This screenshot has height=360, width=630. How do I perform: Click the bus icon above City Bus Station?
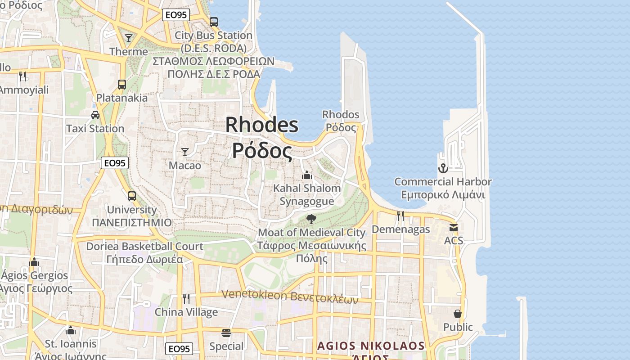coord(214,22)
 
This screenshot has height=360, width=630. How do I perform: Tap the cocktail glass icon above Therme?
coord(129,38)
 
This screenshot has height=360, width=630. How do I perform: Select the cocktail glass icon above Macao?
coord(184,152)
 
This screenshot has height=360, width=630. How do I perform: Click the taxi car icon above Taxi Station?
coord(95,115)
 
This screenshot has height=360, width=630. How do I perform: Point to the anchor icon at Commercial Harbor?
coord(443,168)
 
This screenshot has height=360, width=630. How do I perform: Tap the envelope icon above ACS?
coord(453,228)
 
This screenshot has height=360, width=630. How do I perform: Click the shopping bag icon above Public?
coord(458,314)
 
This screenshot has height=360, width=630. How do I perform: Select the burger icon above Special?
coord(226,333)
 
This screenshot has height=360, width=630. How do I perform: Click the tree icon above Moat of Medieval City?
coord(311,219)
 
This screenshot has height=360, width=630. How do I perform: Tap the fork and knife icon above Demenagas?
coord(400,216)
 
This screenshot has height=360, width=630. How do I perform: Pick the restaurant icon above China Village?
coord(186,298)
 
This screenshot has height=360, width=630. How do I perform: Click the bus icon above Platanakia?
coord(121,84)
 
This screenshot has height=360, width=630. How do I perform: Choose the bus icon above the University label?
coord(131,196)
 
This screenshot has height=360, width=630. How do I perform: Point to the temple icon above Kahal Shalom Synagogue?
coord(307,175)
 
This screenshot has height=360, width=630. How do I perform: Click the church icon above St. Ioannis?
coord(70,331)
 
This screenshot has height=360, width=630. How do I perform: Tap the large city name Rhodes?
coord(261,125)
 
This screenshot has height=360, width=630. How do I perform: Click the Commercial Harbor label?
coord(443,182)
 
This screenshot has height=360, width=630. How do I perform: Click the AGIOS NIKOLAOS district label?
coord(371,346)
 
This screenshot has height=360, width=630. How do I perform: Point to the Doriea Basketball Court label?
coord(144,246)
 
